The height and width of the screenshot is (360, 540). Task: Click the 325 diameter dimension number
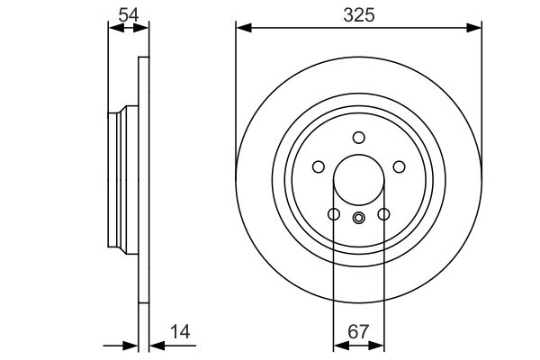[x=358, y=15]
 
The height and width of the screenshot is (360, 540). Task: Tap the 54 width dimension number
[x=128, y=15]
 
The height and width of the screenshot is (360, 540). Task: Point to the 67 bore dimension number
[x=358, y=331]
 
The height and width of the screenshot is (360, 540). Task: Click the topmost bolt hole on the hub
[x=358, y=138]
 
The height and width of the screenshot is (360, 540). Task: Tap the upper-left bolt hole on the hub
[x=318, y=166]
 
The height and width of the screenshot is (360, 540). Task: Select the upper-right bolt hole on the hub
[x=399, y=166]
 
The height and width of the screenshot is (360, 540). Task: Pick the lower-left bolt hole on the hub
[x=333, y=214]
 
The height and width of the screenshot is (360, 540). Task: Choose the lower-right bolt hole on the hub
[x=383, y=214]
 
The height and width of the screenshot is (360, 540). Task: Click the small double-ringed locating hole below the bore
[x=358, y=217]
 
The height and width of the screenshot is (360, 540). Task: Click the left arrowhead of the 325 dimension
[x=241, y=29]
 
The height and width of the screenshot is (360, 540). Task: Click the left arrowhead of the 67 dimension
[x=338, y=345]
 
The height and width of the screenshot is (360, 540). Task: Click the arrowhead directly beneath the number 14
[x=153, y=345]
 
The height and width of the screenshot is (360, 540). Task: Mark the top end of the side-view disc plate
[x=142, y=60]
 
